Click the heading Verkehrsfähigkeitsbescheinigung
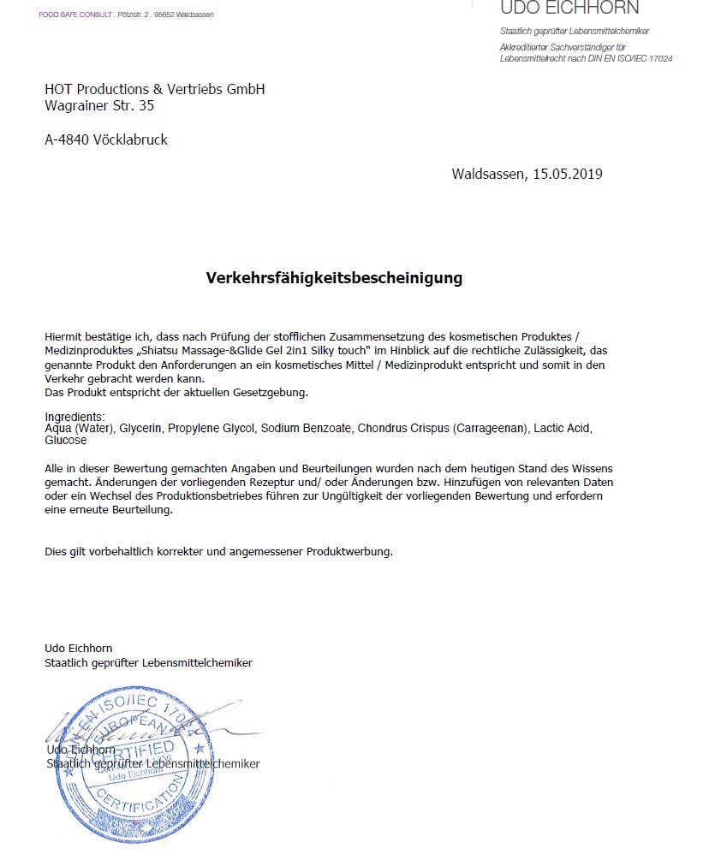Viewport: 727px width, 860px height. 334,278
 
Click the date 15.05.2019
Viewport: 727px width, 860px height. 567,175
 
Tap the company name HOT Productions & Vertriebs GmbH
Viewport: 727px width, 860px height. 155,90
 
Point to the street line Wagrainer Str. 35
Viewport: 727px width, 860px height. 99,106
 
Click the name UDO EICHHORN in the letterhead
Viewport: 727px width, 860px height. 569,9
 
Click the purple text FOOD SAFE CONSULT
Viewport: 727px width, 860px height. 75,15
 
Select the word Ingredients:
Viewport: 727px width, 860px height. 74,417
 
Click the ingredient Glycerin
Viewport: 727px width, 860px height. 141,428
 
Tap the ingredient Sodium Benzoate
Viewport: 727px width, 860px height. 306,428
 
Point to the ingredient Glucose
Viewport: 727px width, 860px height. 66,440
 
